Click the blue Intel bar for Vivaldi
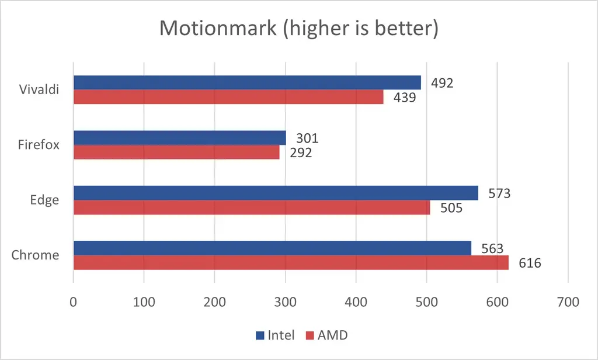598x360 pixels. [246, 82]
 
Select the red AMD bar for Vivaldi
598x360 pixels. [228, 97]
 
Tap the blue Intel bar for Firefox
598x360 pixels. [179, 138]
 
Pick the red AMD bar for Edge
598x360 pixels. [251, 207]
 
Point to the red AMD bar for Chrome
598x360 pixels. [290, 263]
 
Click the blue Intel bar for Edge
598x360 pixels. [275, 193]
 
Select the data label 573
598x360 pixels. [499, 193]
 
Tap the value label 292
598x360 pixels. [300, 153]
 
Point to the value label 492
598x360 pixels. [441, 82]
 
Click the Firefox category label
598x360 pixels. [39, 145]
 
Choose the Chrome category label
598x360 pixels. [35, 255]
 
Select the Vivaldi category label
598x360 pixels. [40, 90]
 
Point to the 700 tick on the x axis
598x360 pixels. [568, 303]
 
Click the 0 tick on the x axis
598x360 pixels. [74, 303]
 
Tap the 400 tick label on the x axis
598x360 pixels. [356, 303]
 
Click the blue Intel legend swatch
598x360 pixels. [260, 335]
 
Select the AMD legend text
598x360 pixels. [332, 335]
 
